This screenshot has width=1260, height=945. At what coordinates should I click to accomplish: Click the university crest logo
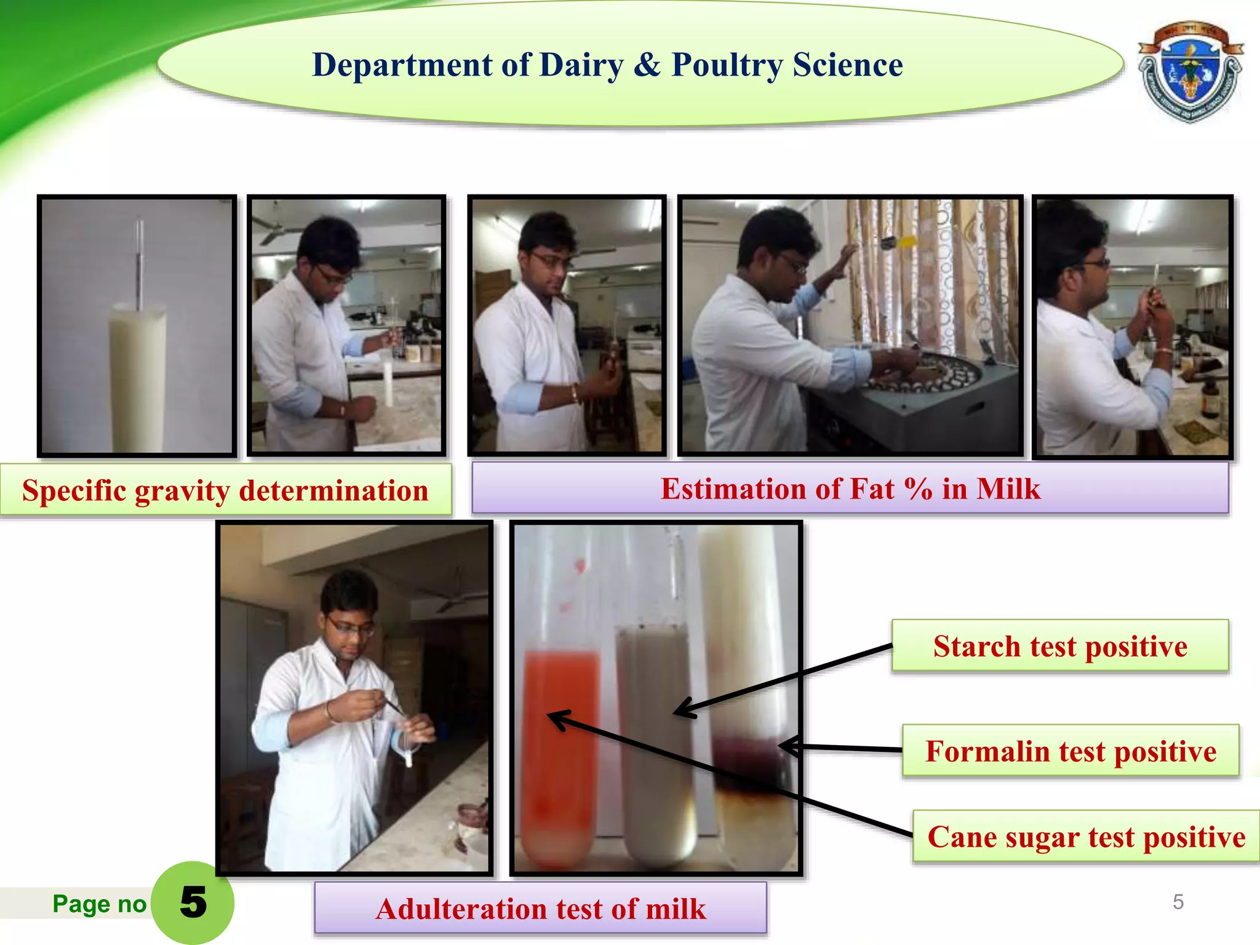[1190, 71]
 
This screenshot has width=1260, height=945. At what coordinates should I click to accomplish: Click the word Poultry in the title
[727, 65]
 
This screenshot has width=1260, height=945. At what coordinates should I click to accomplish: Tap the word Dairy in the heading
[581, 65]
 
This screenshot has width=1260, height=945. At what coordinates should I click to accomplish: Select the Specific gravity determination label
[225, 490]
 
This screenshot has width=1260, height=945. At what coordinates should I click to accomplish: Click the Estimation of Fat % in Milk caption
[850, 488]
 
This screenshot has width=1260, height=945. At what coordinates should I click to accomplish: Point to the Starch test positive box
[1059, 646]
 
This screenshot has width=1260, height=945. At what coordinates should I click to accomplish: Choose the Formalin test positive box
[1071, 751]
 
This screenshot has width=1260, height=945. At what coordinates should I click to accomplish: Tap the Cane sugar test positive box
[1086, 837]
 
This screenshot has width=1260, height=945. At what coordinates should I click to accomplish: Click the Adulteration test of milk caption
[540, 908]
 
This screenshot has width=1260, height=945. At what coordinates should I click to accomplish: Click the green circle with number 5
[193, 903]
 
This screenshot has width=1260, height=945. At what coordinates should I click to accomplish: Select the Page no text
[99, 904]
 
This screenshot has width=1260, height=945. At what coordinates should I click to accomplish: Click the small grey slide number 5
[1178, 902]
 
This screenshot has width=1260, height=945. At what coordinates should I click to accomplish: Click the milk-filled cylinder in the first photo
[137, 375]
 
